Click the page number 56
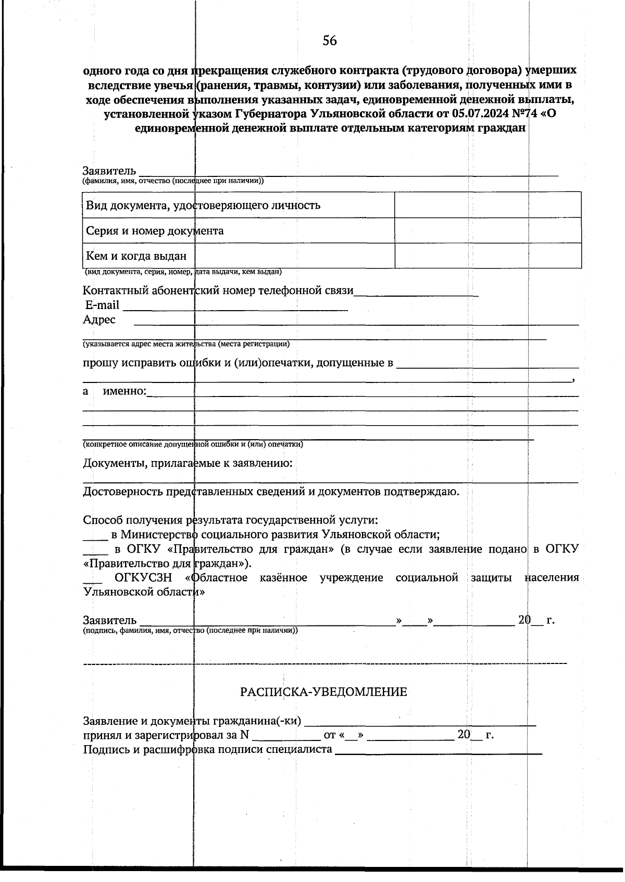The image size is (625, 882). (x=329, y=41)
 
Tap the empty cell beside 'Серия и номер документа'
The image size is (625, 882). (x=488, y=231)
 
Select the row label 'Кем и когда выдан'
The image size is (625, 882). (x=136, y=256)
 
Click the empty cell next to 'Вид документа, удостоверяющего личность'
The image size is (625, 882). (x=488, y=205)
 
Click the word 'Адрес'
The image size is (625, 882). (x=99, y=319)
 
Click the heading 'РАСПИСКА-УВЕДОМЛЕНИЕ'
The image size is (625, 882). (x=323, y=692)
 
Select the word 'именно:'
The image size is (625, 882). (x=124, y=391)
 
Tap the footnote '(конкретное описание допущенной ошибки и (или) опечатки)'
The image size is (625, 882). (x=193, y=444)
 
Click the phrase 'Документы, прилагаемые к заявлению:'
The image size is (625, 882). (x=187, y=463)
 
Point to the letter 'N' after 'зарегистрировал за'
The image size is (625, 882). (x=245, y=735)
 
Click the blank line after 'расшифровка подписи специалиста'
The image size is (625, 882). (x=438, y=751)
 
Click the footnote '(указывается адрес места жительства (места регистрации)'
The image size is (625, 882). (x=186, y=344)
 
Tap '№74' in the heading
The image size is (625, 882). (x=527, y=114)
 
